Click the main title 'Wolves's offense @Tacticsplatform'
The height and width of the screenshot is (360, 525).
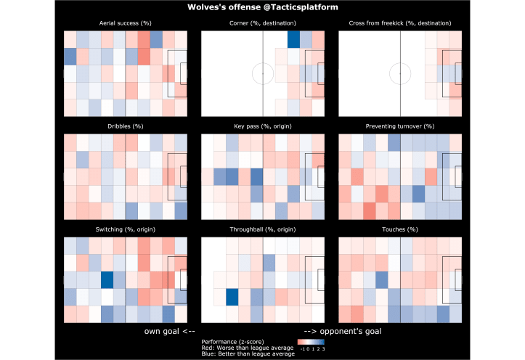point(262,7)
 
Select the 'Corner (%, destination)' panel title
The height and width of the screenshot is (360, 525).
point(262,24)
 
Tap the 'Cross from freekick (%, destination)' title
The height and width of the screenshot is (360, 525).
point(400,24)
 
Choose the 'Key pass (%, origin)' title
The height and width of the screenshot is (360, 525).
point(262,126)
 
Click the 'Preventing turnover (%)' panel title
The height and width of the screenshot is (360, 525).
point(400,126)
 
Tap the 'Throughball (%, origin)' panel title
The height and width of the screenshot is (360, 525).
point(262,229)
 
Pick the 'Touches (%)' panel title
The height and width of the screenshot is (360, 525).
point(400,229)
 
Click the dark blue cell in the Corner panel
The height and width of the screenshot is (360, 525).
point(293,39)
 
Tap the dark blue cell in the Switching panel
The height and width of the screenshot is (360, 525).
point(107,280)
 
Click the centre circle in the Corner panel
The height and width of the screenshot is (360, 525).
point(263,73)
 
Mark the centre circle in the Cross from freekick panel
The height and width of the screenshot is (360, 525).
point(400,73)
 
